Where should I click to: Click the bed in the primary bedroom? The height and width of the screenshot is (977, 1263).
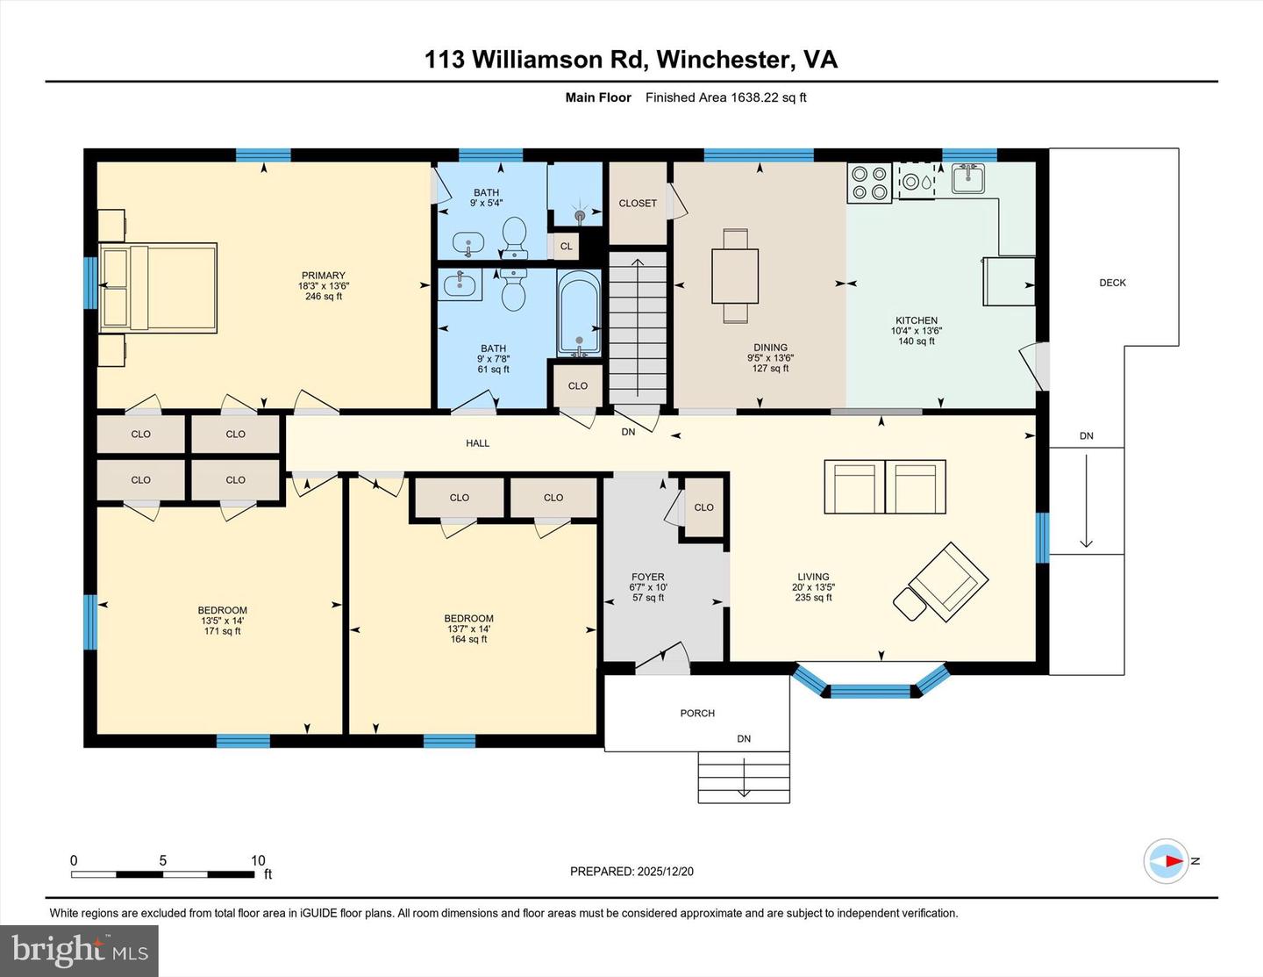159,288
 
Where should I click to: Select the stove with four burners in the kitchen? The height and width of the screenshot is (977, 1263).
868,183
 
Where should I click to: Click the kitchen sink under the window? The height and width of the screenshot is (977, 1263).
967,179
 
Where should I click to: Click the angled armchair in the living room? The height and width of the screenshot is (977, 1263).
947,581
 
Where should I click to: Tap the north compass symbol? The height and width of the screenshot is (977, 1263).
1167,861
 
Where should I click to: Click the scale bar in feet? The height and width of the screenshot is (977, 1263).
163,873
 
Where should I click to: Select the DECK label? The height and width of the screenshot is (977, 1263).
1112,283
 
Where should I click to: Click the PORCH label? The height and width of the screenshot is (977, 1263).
697,714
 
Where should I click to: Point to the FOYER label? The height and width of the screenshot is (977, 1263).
648,578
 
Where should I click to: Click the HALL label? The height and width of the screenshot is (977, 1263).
477,443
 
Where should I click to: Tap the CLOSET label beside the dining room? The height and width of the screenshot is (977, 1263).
638,204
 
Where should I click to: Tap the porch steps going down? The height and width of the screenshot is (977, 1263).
744,777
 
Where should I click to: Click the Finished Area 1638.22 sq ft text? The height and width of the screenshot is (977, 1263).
725,97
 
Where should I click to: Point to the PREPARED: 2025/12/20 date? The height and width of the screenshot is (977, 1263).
631,872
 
